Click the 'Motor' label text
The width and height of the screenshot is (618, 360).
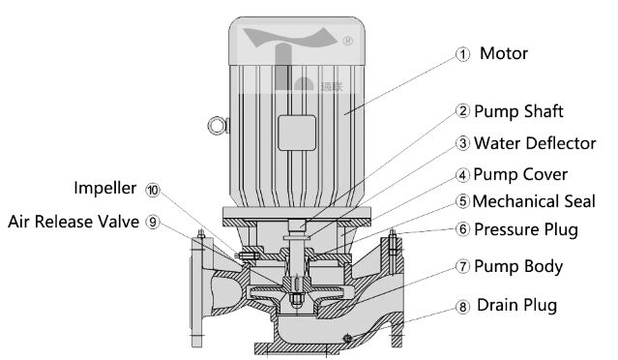coord(504,53)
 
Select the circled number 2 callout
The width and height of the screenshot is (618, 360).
coord(462,110)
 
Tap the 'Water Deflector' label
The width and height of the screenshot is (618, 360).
coord(535,143)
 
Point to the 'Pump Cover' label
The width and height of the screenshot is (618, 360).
coord(520,174)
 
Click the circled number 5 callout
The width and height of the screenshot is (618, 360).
coord(462,201)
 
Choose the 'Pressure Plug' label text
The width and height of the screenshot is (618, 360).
coord(526,229)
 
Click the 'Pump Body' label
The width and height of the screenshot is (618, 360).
coord(518,266)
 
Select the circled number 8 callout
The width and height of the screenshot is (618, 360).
coord(462,307)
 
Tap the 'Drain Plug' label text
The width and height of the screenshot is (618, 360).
coord(516,305)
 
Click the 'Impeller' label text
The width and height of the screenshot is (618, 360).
coord(105,188)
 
